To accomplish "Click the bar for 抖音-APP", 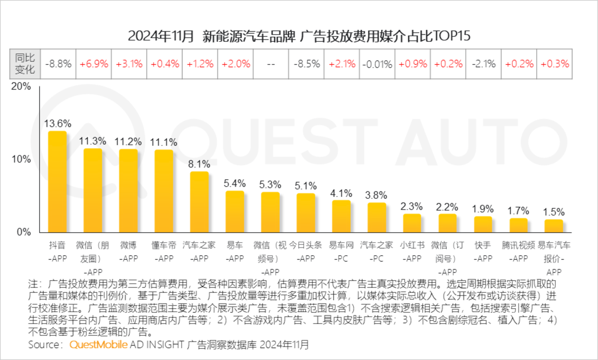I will tap(57, 182).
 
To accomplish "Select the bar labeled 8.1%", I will tap(199, 202).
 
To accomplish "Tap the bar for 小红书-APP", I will tap(412, 223).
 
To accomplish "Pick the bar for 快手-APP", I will tap(483, 224).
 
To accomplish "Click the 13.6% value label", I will tap(58, 124).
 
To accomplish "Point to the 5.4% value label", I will tap(235, 184).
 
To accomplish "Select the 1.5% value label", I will tap(554, 212).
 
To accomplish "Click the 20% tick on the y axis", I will tap(21, 86).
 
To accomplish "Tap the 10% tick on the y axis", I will tap(21, 159).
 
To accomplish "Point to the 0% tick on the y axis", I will tap(24, 232).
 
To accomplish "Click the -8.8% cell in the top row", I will tap(58, 64).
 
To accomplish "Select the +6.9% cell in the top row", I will tap(94, 64).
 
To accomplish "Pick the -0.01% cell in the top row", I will tap(377, 64).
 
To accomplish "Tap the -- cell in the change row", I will tap(271, 64).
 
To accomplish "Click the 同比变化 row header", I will tap(25, 64).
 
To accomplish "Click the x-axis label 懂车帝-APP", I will tap(164, 252).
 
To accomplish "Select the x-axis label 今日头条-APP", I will tap(306, 252).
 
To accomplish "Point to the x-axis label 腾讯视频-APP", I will tap(518, 252).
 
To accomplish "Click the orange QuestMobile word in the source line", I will tap(98, 345).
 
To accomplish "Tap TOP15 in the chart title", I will tap(451, 36).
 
